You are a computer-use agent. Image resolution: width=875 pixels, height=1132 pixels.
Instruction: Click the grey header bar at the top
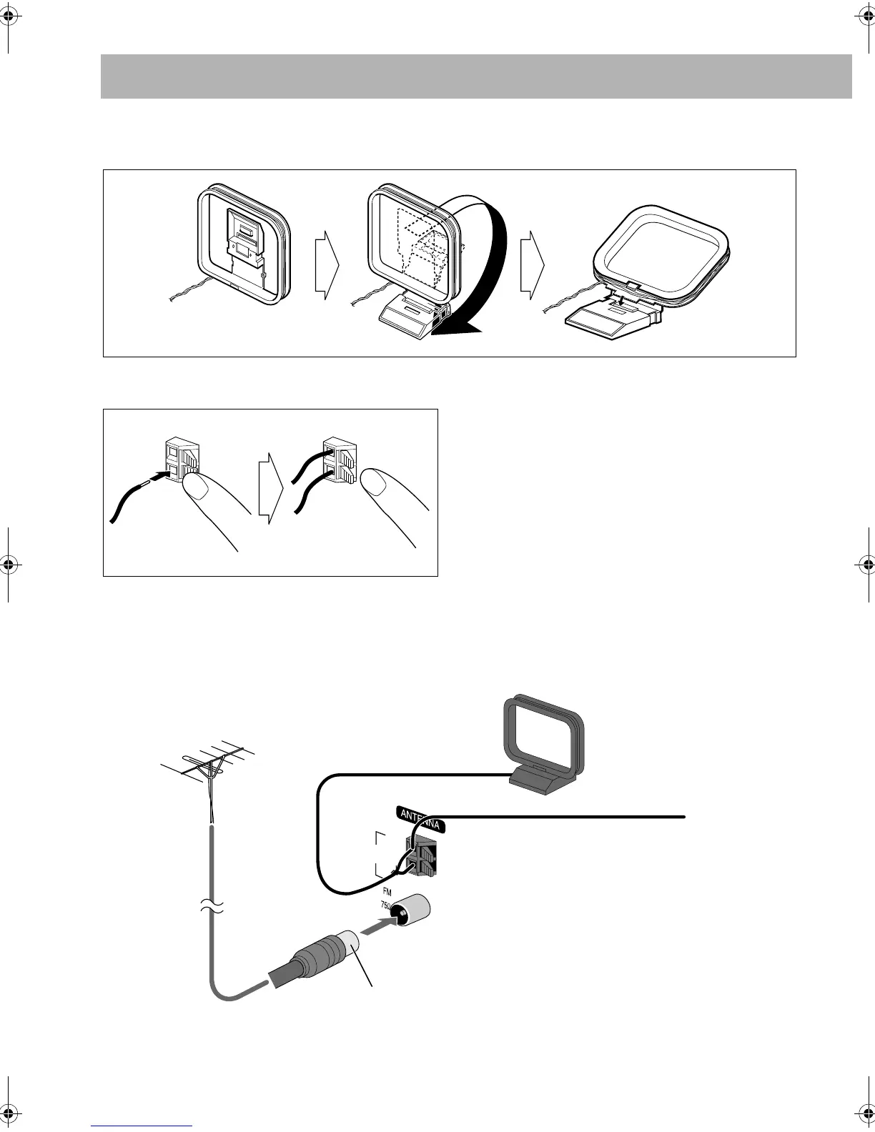pyautogui.click(x=476, y=76)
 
